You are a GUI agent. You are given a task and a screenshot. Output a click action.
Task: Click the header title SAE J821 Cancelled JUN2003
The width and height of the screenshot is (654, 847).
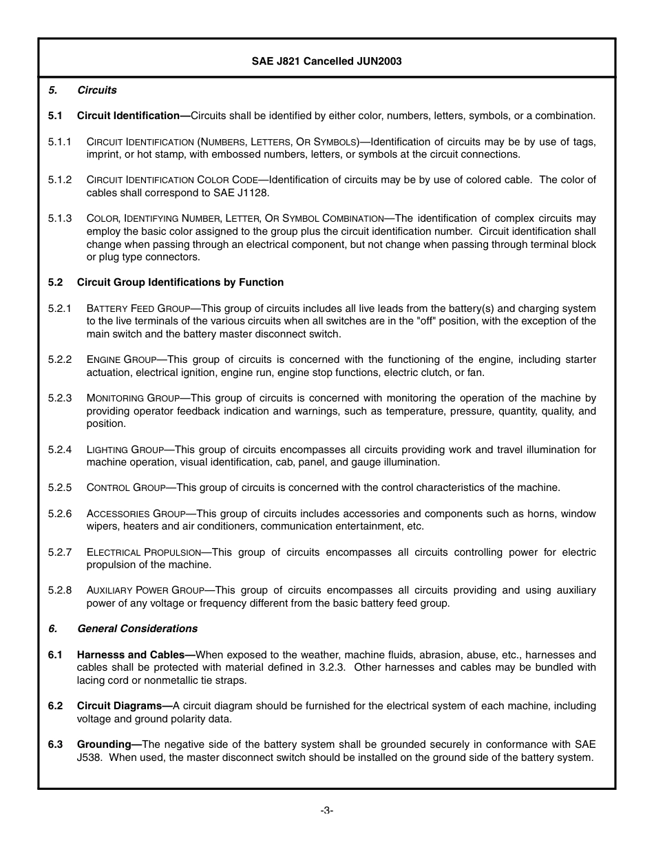click(326, 61)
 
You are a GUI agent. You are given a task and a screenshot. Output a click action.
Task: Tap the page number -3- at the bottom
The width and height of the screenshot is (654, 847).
click(326, 811)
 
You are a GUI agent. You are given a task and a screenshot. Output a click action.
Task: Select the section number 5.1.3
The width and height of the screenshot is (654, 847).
click(60, 218)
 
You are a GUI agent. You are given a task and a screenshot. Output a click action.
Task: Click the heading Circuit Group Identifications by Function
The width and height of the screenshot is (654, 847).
click(180, 282)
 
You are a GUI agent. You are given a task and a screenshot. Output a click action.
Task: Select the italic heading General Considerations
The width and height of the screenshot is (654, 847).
click(137, 629)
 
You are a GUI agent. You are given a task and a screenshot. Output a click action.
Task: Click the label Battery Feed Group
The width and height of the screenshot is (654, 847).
click(138, 309)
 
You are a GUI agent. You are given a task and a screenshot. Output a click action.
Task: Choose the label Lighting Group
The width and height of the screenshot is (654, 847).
click(126, 450)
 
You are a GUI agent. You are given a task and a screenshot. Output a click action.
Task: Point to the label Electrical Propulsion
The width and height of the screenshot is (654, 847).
click(143, 552)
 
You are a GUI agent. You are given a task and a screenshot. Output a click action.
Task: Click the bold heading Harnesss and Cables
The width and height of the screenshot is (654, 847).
click(131, 655)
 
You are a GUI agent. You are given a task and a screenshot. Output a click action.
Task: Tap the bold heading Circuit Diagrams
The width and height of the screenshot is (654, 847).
click(120, 706)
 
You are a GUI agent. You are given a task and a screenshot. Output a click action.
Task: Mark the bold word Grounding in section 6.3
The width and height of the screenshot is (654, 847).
click(104, 744)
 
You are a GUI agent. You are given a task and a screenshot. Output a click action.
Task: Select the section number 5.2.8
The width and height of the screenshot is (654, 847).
click(60, 590)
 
